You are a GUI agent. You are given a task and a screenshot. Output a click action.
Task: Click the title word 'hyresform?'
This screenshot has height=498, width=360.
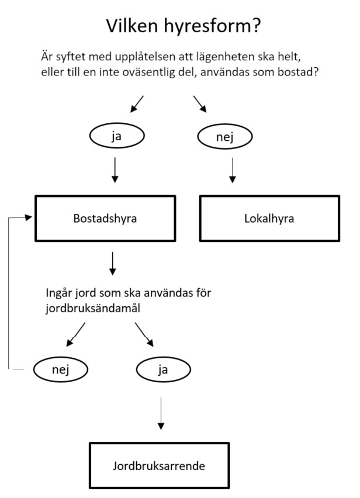[x=212, y=27]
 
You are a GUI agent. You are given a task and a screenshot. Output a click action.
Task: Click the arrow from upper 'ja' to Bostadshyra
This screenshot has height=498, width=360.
[x=115, y=170]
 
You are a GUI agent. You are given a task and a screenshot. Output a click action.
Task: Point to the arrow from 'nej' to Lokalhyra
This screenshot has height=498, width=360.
[x=233, y=171]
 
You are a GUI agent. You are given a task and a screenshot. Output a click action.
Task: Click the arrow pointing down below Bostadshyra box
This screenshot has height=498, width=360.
[x=112, y=264]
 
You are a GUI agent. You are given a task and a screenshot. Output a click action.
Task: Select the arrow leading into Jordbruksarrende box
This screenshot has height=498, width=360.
[x=161, y=413]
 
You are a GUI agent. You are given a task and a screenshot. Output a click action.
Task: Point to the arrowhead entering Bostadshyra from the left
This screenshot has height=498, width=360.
[x=29, y=217]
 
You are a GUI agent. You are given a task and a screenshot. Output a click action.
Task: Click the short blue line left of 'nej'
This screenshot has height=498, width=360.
[x=18, y=369]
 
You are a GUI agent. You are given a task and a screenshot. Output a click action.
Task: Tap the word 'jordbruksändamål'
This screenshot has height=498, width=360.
[x=93, y=309]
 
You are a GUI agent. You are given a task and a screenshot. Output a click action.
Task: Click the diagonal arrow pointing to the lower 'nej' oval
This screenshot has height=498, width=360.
[x=76, y=334]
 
